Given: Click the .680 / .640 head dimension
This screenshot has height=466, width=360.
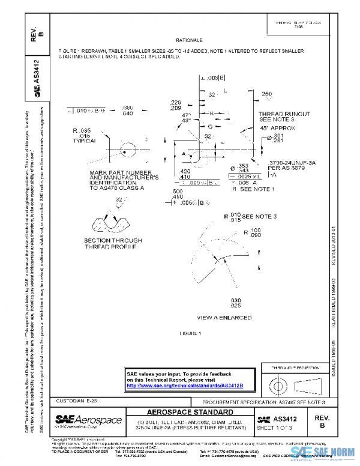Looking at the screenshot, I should [x=128, y=110].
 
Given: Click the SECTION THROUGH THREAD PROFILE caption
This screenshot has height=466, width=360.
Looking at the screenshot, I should [x=110, y=243].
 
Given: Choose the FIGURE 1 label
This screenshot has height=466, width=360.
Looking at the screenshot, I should [x=190, y=332].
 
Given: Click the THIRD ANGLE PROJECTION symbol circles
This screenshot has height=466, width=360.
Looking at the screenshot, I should [x=278, y=383].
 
